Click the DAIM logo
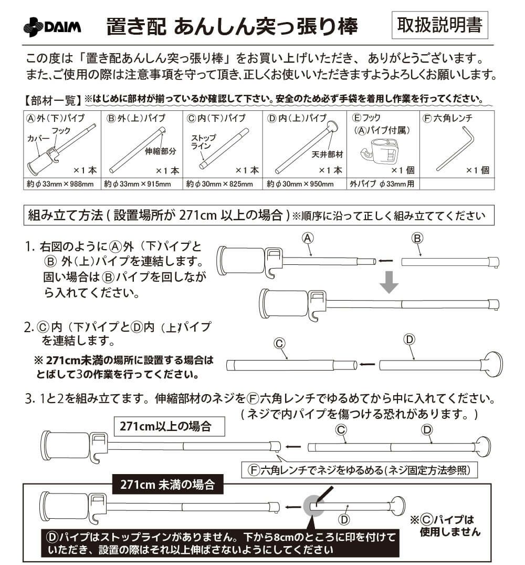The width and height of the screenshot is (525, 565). [x=52, y=27]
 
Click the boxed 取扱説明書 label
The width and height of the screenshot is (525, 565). [x=439, y=25]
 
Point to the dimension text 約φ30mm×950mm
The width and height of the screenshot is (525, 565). [x=300, y=184]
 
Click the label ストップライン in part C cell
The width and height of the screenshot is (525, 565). [x=203, y=142]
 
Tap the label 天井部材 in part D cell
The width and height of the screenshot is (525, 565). [x=327, y=154]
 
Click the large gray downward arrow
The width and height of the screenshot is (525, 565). [x=389, y=283]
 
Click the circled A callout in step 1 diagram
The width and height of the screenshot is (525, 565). [x=308, y=238]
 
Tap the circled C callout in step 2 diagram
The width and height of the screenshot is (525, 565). [x=279, y=343]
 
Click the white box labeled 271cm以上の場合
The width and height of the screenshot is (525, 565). [x=169, y=426]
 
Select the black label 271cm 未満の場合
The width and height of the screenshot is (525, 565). [x=167, y=485]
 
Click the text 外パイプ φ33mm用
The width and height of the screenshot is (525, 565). [x=382, y=184]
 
